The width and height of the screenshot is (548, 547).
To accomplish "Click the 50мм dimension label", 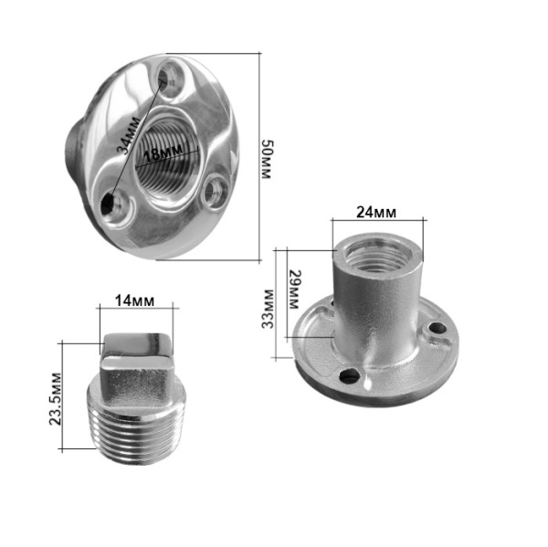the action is coord(268,160).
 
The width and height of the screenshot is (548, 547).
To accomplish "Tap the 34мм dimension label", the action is coord(130,136).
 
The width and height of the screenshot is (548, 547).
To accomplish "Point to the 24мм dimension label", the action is coord(376,212).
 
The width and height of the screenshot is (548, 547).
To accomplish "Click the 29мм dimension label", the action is coord(294,289).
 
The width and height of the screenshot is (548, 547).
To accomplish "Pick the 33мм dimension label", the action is coord(268,309).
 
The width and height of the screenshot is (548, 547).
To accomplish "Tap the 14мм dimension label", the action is coord(134,300).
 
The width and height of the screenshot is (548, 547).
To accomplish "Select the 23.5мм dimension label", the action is coord(55,399).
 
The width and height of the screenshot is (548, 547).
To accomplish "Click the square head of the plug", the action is coord(137,360).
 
